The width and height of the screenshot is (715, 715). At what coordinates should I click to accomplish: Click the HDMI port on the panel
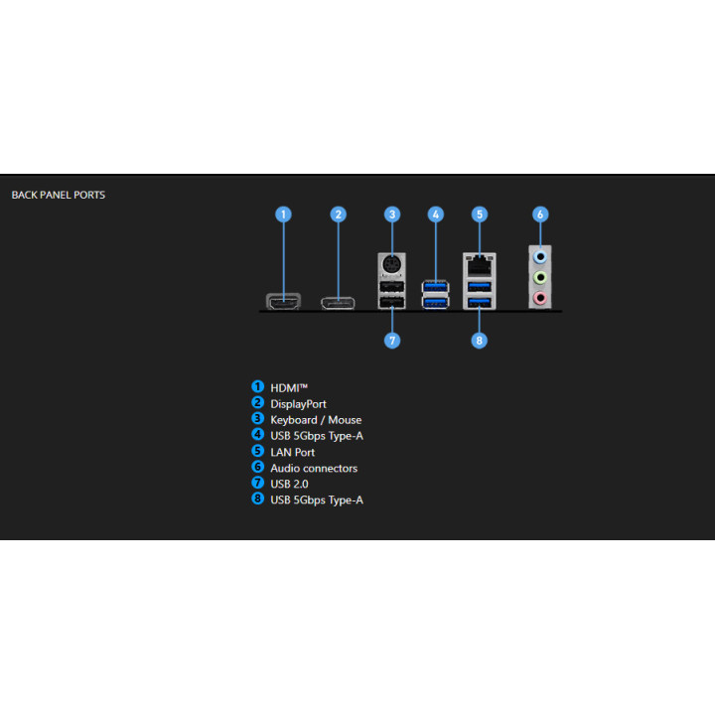click(x=283, y=301)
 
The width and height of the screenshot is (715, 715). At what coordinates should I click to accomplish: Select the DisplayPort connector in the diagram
click(x=338, y=303)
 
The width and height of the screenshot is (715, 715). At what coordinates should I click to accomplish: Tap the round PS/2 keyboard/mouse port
click(x=391, y=264)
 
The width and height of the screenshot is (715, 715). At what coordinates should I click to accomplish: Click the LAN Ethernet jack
click(x=480, y=264)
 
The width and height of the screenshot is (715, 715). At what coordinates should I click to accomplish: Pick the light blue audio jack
click(x=540, y=257)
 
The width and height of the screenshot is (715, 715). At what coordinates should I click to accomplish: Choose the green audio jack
click(x=540, y=277)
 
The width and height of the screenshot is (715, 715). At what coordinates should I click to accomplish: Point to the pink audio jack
click(x=540, y=298)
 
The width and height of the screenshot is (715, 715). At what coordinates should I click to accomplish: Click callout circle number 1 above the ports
click(x=283, y=214)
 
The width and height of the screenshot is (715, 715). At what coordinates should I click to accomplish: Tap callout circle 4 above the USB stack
click(x=436, y=214)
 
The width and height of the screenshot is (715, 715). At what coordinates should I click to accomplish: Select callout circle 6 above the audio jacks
click(x=540, y=214)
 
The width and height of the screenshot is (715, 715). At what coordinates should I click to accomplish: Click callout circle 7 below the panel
click(x=392, y=341)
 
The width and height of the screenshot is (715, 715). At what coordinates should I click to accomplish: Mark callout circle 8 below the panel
click(x=479, y=341)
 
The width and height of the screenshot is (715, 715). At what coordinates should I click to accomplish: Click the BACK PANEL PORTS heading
click(x=59, y=196)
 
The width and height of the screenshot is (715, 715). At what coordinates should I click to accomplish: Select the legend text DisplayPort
click(x=298, y=404)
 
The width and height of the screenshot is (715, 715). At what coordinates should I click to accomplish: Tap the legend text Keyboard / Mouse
click(x=316, y=420)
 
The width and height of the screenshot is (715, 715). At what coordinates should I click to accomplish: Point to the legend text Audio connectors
click(x=314, y=469)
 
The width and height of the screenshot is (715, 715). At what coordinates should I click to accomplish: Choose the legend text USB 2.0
click(x=289, y=484)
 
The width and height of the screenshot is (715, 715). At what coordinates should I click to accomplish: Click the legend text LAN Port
click(x=292, y=453)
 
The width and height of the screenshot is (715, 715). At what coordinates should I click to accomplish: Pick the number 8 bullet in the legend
click(x=257, y=499)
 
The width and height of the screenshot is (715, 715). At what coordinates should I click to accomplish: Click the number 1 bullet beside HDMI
click(x=257, y=386)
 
